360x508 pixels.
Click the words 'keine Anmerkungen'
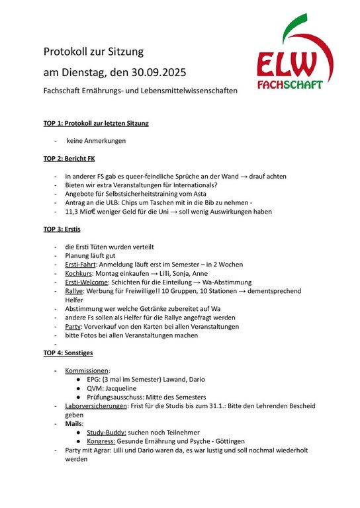(96, 141)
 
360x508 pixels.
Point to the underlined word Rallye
(74, 290)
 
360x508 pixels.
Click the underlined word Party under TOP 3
(73, 326)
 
